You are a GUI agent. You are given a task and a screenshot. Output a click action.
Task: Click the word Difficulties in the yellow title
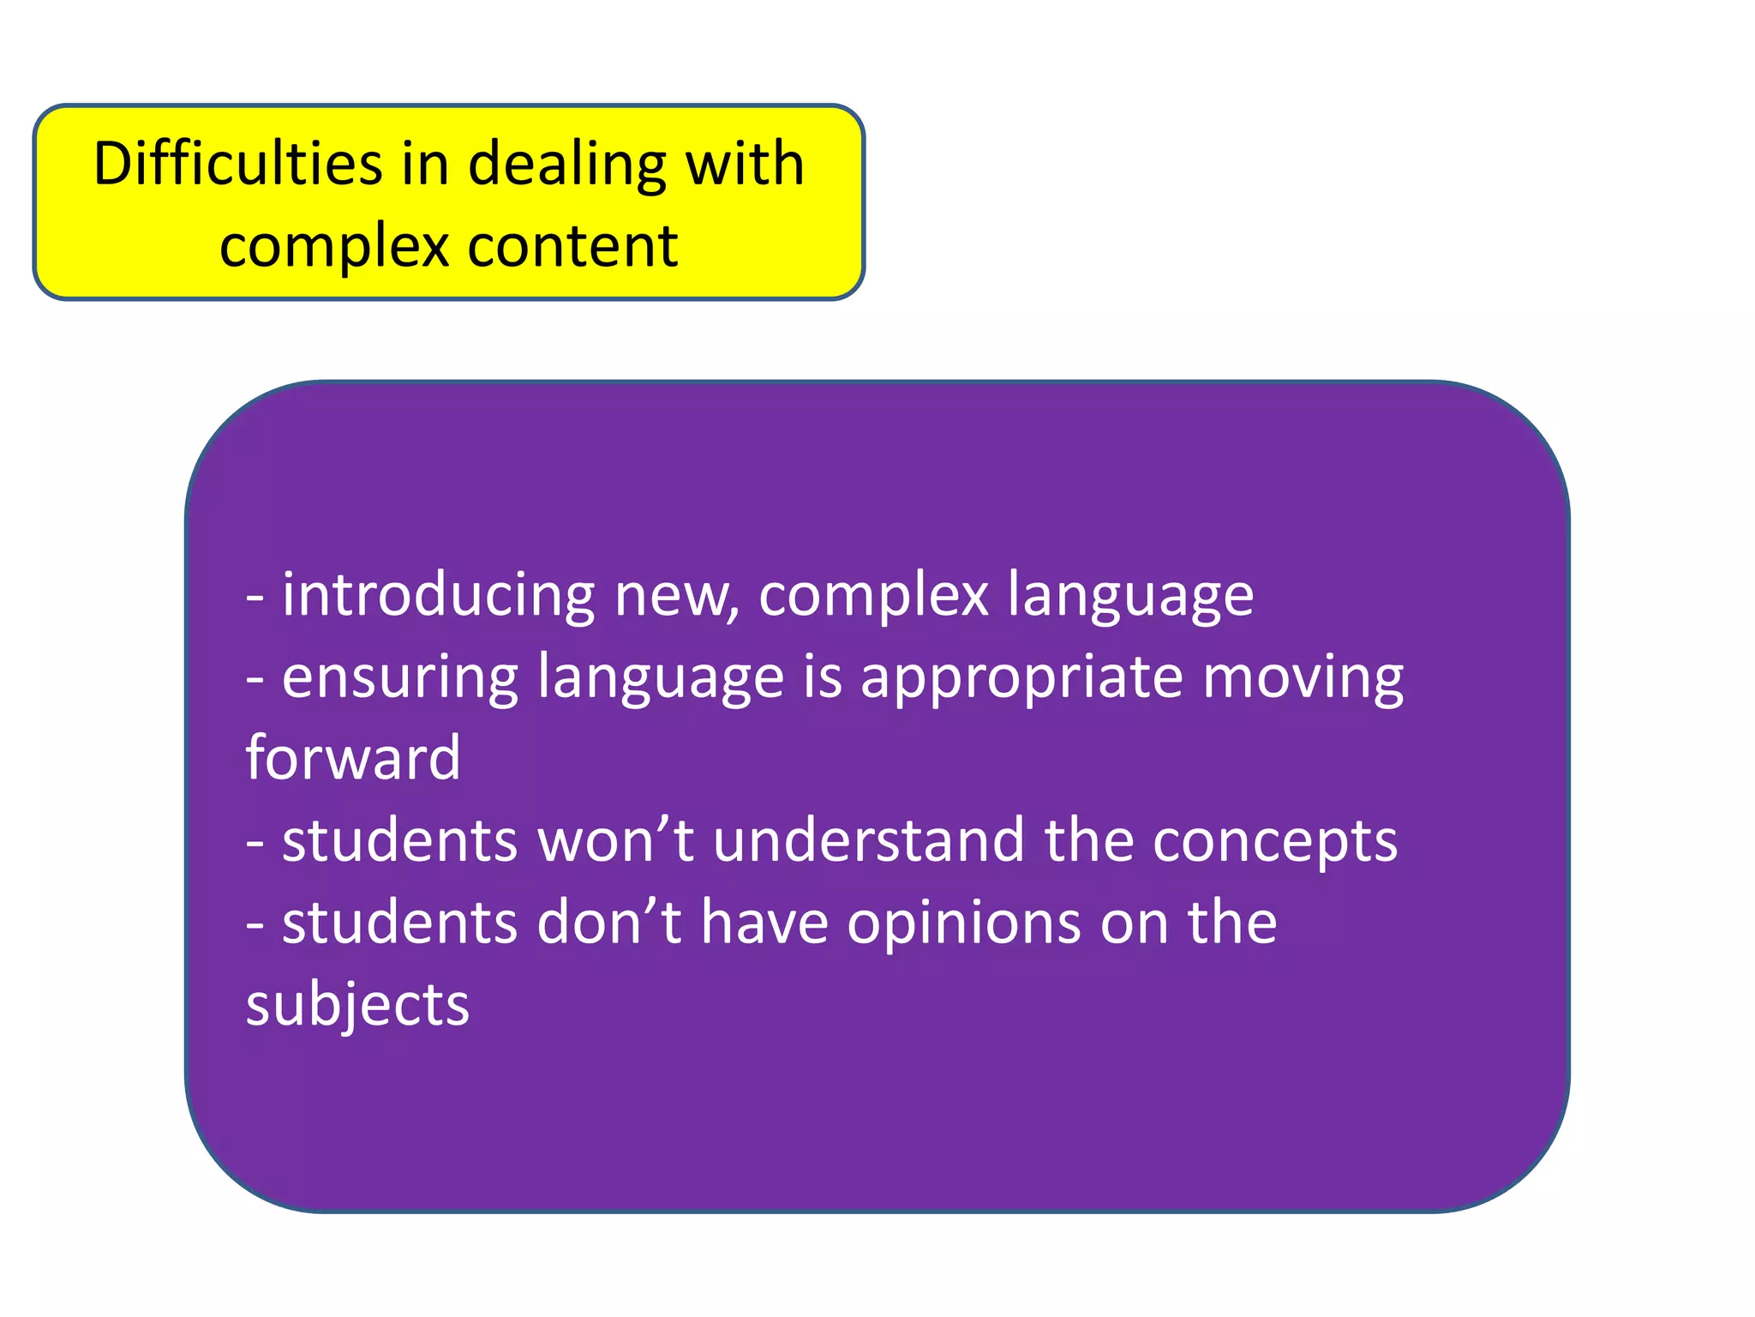(237, 164)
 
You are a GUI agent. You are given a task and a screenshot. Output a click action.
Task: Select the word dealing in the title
(566, 164)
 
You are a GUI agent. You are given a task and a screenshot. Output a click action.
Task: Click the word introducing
(438, 594)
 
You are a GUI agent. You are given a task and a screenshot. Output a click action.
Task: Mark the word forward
(353, 758)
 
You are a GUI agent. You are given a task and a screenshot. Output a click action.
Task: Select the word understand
(868, 840)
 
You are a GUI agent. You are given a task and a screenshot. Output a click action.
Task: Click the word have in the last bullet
(764, 923)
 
